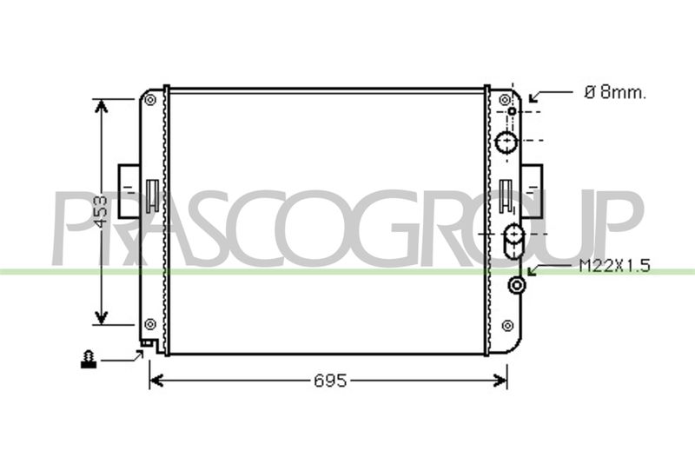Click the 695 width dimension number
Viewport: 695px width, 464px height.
click(x=330, y=381)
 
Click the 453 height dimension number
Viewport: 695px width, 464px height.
click(x=102, y=211)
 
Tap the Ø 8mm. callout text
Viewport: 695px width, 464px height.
click(x=616, y=93)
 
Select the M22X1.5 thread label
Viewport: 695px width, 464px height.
click(x=615, y=266)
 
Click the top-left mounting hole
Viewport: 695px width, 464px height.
click(x=150, y=100)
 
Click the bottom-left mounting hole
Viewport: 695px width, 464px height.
click(x=150, y=324)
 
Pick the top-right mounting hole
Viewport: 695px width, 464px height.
click(x=506, y=99)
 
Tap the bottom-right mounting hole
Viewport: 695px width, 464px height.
click(x=507, y=326)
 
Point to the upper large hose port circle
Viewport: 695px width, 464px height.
click(x=506, y=142)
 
